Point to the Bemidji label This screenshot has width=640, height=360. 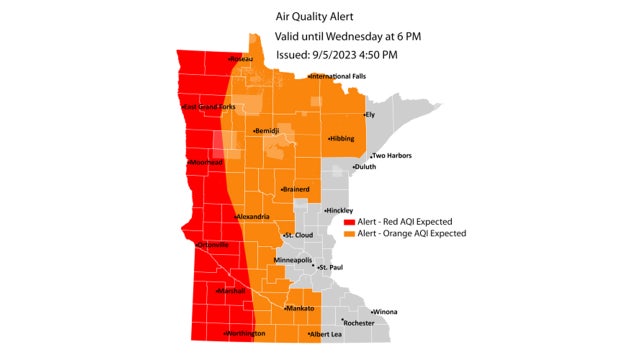coord(266,131)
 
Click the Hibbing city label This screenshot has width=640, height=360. coord(340,139)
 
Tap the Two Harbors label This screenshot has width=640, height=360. coord(392,156)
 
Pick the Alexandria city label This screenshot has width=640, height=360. coord(252,217)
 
